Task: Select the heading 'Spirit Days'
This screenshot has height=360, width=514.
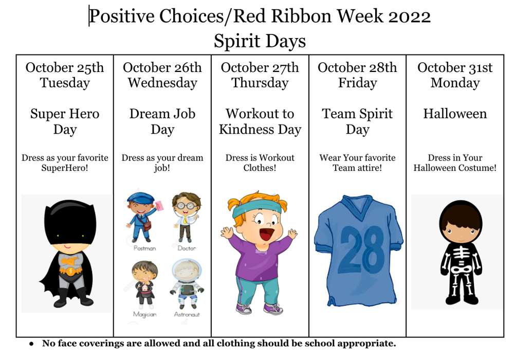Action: [260, 41]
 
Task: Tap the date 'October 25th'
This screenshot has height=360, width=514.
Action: [65, 67]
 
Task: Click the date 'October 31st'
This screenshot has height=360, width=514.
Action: [455, 67]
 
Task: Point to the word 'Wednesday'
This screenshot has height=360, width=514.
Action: [162, 83]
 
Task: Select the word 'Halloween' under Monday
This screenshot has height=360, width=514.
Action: [455, 114]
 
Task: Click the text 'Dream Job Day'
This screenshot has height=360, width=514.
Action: [162, 121]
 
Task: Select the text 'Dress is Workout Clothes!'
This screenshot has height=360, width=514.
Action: [260, 163]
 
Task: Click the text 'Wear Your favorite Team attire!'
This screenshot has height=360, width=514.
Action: [357, 163]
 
